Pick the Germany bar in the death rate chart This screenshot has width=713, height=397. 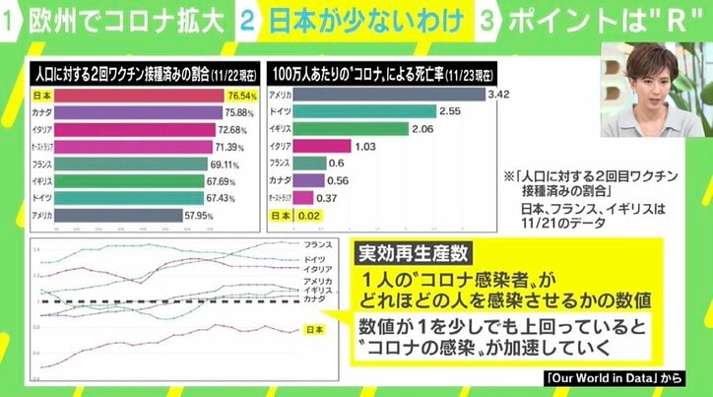point(385,113)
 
